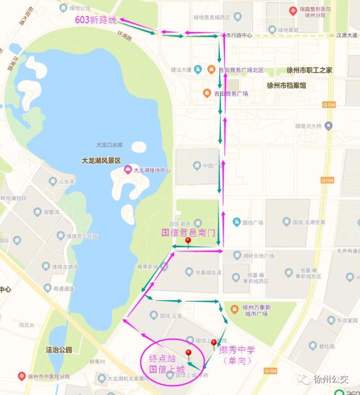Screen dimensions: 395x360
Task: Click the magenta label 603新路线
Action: pos(96,20)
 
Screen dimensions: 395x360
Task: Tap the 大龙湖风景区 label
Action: pos(102,161)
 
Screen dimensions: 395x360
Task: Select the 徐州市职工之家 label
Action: pos(309,70)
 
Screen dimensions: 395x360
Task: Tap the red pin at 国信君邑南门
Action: pos(188,242)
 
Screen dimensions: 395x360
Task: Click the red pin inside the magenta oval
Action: pos(188,355)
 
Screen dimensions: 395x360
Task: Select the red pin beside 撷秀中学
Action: pos(214,344)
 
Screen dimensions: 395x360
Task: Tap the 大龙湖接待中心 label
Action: pos(152,170)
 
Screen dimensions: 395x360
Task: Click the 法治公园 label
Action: pos(59,350)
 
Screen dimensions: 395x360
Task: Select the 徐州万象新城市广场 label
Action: pos(257,310)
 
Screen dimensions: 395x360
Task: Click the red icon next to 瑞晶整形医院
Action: pos(292,11)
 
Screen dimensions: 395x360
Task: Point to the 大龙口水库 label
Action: pos(110,145)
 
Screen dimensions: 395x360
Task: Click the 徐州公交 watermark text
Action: pos(331,379)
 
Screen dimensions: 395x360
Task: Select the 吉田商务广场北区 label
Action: pos(241,70)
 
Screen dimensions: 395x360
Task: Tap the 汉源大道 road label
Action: pos(348,36)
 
